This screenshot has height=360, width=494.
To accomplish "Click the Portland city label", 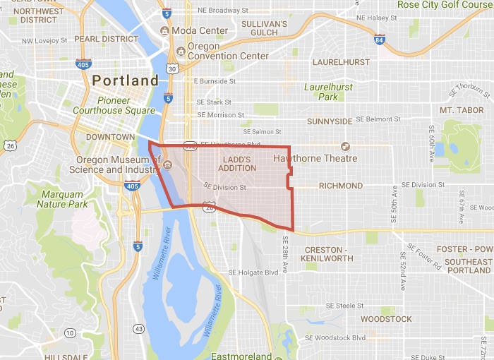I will (x=126, y=80).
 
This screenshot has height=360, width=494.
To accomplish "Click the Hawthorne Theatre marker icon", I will (x=346, y=146).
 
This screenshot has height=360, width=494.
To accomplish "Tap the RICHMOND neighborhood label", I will (x=341, y=186).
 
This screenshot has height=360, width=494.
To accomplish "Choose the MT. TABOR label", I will (x=462, y=110).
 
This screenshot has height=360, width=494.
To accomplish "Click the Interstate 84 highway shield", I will (x=380, y=40).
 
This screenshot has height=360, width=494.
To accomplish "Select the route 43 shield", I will (x=139, y=329).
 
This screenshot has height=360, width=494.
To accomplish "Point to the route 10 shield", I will (x=70, y=332).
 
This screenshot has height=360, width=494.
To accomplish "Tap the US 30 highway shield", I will (x=171, y=68).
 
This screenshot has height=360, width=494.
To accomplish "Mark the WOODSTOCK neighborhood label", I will (x=386, y=319).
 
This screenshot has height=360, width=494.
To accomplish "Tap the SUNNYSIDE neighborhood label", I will (x=330, y=121).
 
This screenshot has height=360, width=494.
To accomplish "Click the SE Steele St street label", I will (x=344, y=306).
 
